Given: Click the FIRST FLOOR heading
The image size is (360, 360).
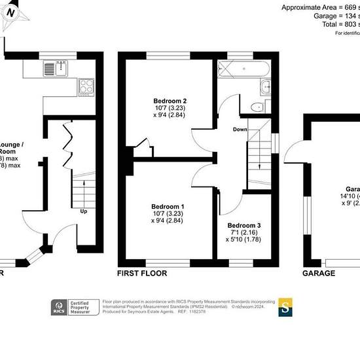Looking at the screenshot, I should (141, 273).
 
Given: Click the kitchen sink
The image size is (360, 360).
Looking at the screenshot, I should (50, 69).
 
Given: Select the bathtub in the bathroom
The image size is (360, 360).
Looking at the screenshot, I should (242, 68).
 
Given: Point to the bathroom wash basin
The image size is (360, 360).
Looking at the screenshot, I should (266, 87).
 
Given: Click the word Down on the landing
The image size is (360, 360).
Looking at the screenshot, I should (240, 130).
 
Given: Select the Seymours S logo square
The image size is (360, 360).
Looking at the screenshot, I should (286, 308).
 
